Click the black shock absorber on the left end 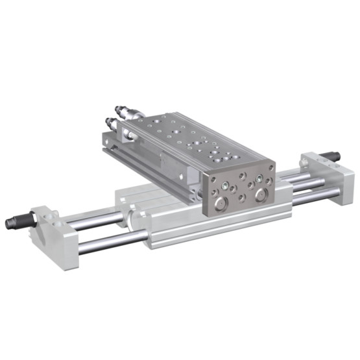(x=14, y=222)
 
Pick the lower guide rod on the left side (x=104, y=243)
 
